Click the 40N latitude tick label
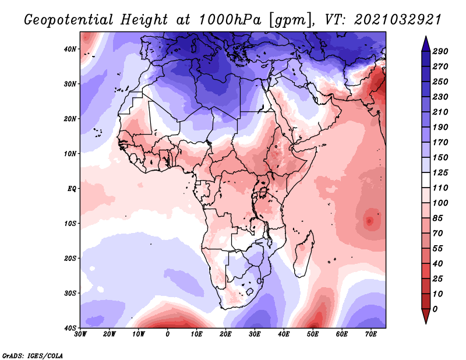[x=69, y=49]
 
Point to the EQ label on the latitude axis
[x=70, y=188]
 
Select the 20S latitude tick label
[x=69, y=258]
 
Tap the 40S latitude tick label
[x=69, y=327]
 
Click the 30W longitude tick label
[x=80, y=334]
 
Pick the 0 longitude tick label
[x=168, y=334]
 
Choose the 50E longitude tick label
[x=313, y=334]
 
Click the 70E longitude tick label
[x=371, y=334]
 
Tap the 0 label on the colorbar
[x=436, y=308]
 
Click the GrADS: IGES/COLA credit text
[x=33, y=355]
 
